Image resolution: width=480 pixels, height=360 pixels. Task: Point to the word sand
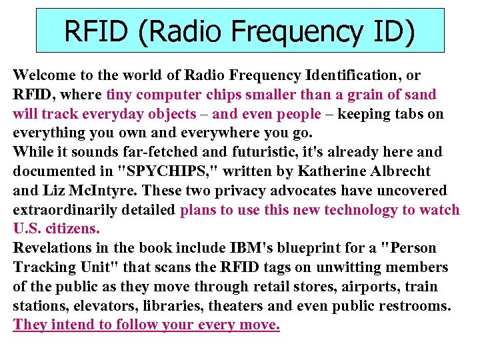click(418, 95)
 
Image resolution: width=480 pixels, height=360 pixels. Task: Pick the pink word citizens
click(73, 229)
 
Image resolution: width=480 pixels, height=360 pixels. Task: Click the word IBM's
click(249, 248)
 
